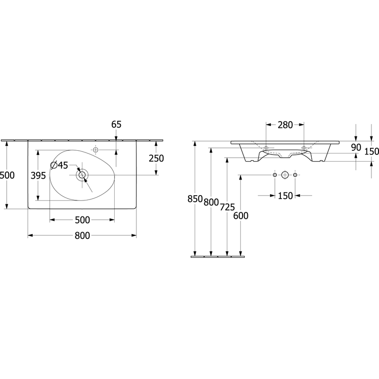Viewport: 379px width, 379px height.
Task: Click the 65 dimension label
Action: click(116, 125)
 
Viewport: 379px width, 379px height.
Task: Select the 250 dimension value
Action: click(156, 158)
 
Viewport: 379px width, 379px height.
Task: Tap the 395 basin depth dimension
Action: click(38, 176)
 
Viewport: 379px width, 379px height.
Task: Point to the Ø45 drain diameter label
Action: click(60, 165)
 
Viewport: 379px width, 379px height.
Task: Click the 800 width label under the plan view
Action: click(82, 235)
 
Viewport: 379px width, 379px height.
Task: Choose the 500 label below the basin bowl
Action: click(82, 220)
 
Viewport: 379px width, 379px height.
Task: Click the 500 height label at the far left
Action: click(7, 175)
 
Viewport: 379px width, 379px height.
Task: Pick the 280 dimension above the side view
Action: click(285, 125)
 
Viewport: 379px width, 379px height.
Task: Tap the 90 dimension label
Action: click(356, 147)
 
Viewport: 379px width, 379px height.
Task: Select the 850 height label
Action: click(195, 199)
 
